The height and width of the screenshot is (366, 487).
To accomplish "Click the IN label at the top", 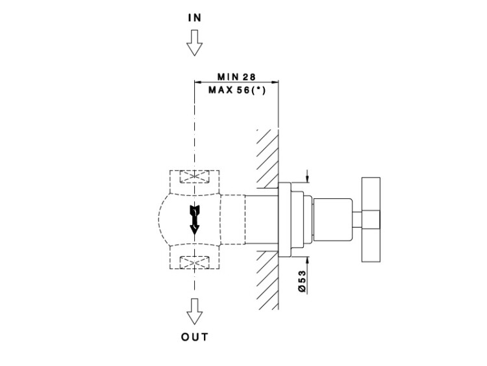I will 195,18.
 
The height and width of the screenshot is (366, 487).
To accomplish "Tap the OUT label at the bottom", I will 195,337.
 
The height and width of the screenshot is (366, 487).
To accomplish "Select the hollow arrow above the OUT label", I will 195,313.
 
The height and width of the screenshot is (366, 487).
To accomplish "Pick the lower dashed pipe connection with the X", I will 194,261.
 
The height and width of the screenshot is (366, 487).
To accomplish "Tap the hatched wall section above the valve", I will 268,156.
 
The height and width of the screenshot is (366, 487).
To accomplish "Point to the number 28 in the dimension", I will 250,77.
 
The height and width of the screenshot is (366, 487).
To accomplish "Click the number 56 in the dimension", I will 243,90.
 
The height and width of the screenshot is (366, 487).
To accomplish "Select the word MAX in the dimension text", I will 219,90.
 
